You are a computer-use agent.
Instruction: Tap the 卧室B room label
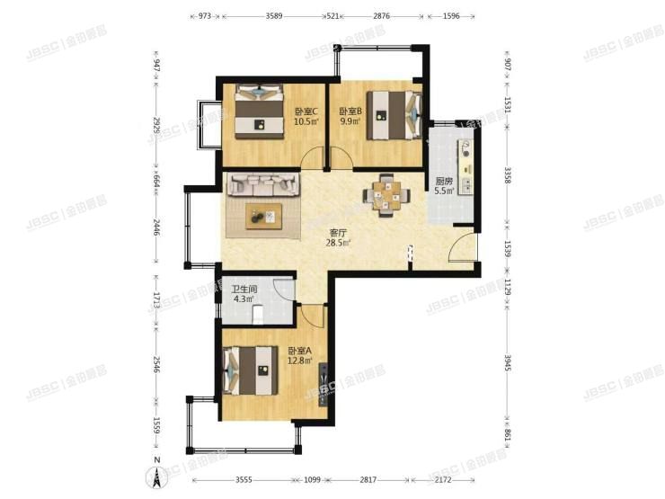click(x=350, y=112)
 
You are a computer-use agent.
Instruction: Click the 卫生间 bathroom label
click(x=244, y=290)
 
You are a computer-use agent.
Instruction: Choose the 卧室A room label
click(x=299, y=351)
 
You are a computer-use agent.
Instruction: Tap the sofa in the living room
click(x=263, y=186)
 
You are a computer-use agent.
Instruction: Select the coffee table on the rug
click(x=264, y=216)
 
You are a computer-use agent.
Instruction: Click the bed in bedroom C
click(x=259, y=112)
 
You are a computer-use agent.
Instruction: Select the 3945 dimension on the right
click(x=508, y=363)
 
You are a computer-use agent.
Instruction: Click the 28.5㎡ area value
click(x=339, y=243)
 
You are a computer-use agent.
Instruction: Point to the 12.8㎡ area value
click(x=299, y=361)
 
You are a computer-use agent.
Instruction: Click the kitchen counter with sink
click(x=465, y=165)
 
